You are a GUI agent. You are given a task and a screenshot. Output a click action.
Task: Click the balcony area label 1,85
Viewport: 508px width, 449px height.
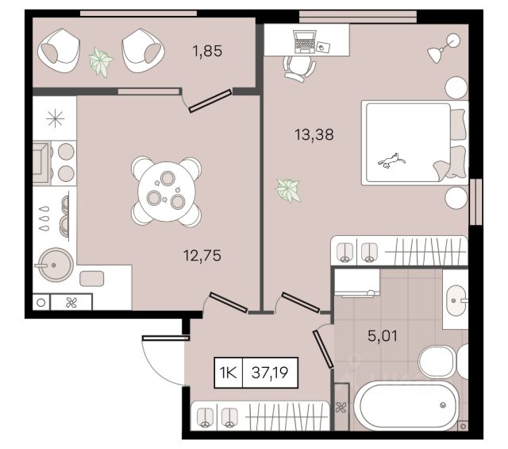[207, 52]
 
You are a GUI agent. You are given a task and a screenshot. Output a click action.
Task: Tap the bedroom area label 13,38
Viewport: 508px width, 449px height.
[314, 134]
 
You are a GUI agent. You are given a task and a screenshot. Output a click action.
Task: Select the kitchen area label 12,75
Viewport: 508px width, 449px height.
[202, 256]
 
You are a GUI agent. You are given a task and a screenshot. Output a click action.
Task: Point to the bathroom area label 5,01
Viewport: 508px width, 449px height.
[383, 336]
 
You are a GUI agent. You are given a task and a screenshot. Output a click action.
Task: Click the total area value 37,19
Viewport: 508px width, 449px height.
[270, 373]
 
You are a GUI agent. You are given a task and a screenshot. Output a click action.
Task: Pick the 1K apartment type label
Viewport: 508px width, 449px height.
[229, 373]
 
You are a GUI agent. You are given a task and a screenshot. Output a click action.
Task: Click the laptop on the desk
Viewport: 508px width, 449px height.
[305, 41]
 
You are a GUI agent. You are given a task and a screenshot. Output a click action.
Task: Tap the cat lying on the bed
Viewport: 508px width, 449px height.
[391, 160]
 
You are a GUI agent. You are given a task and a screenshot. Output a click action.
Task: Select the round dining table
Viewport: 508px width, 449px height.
[167, 192]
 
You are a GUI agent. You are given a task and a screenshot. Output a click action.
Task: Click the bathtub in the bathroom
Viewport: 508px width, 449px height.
[406, 405]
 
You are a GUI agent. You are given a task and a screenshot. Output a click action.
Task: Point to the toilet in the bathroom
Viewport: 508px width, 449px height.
[443, 361]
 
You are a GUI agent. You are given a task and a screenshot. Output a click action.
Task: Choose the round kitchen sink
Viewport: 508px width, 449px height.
[55, 265]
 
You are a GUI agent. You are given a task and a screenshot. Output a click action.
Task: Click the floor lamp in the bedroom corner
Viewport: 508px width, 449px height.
[444, 48]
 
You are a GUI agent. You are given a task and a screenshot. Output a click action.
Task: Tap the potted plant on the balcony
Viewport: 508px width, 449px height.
[101, 62]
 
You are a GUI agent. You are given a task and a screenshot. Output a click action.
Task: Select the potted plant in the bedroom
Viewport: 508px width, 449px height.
[288, 190]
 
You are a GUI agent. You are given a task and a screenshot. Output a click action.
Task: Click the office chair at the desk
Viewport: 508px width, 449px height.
[299, 68]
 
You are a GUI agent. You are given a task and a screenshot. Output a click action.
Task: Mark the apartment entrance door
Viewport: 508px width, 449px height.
[166, 338]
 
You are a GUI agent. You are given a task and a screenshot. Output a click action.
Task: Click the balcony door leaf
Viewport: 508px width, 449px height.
[210, 101]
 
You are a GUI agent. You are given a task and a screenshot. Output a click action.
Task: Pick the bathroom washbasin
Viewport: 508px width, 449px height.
[456, 300]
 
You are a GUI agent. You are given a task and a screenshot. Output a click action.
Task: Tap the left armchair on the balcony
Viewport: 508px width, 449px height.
[59, 51]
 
